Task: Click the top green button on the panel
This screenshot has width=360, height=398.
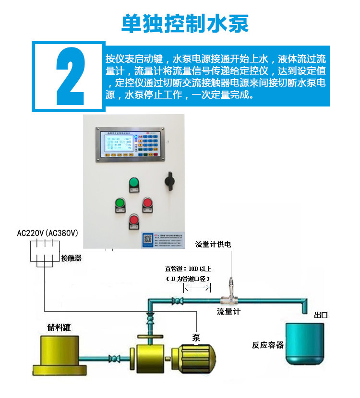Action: coord(133,183)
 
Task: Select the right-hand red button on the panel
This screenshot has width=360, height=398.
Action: coord(147,204)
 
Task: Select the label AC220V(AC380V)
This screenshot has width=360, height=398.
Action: coord(48,233)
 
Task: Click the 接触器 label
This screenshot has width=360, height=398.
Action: coord(71,258)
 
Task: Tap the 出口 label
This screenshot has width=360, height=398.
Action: coord(320,315)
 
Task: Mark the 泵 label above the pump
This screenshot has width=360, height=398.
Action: coord(196,337)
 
